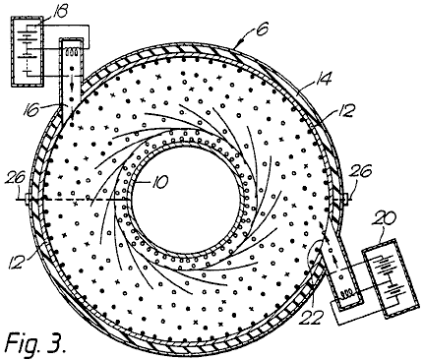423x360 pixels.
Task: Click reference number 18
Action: click(58, 11)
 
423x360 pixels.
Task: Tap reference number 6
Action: click(262, 29)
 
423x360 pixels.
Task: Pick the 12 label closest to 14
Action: click(345, 110)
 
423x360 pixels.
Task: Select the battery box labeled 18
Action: click(27, 51)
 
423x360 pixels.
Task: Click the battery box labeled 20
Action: click(390, 278)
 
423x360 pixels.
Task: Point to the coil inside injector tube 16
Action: click(72, 51)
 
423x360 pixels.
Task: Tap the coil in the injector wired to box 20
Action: click(347, 293)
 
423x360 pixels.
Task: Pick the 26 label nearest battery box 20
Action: click(362, 170)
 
